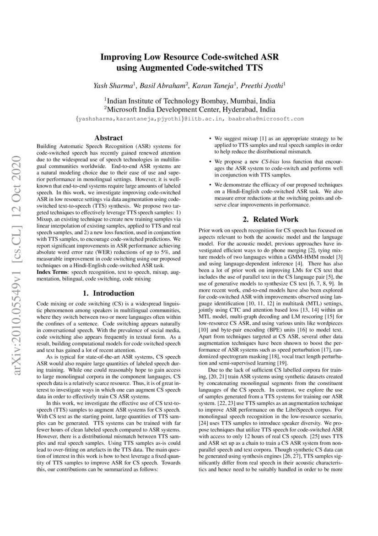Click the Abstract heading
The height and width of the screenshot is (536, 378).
pyautogui.click(x=108, y=138)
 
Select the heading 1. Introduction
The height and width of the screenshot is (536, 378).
pyautogui.click(x=108, y=293)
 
